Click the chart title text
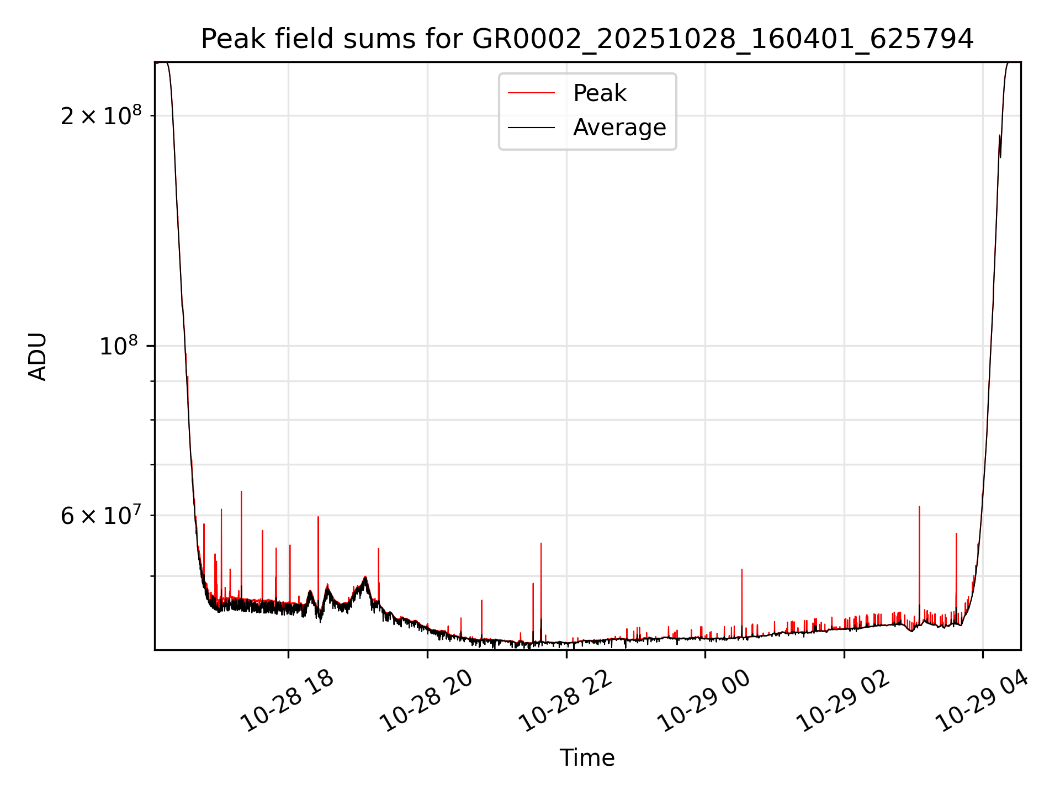(x=587, y=39)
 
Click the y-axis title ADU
(x=38, y=357)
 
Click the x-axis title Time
(x=587, y=757)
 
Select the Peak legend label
(x=600, y=93)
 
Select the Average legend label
(x=619, y=128)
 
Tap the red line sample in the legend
(x=531, y=93)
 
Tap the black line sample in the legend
(x=531, y=128)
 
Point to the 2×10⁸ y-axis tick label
(x=101, y=115)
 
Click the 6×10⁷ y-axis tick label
(x=101, y=516)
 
